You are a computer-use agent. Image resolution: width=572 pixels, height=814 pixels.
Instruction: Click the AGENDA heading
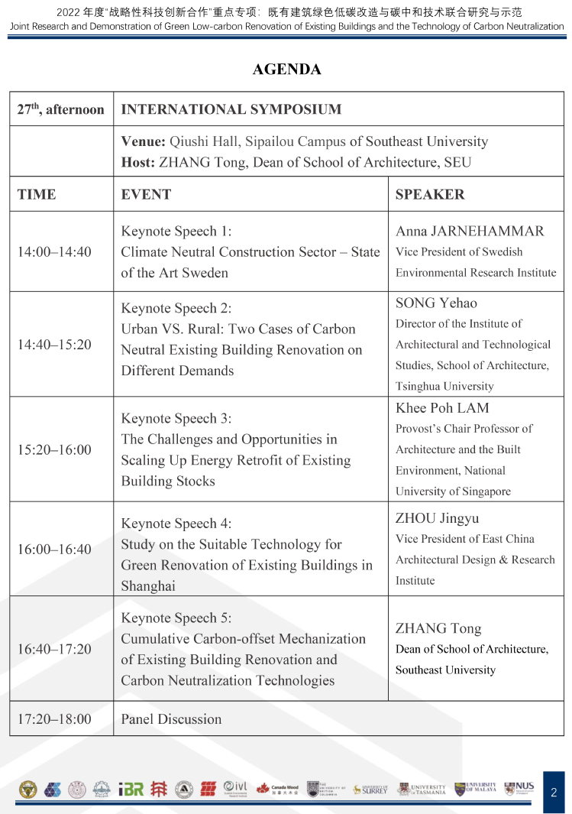(x=286, y=70)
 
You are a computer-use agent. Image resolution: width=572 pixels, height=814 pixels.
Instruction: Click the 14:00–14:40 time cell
(x=54, y=251)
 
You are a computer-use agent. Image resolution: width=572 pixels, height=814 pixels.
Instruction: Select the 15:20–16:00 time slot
(x=54, y=449)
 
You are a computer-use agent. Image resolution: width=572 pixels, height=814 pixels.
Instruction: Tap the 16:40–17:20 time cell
(x=54, y=649)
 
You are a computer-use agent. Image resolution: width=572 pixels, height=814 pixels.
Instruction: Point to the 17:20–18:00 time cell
(x=54, y=718)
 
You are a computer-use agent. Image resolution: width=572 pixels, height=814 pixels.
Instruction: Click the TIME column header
(x=37, y=194)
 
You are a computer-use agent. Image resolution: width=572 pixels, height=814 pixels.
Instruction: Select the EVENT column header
(x=146, y=194)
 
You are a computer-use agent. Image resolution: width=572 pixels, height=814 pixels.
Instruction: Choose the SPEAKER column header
(x=430, y=194)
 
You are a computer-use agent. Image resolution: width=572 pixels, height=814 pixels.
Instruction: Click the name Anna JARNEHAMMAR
(x=470, y=231)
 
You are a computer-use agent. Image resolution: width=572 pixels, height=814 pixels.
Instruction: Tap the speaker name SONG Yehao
(x=436, y=303)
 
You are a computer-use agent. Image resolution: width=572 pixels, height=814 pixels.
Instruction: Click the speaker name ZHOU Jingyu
(x=438, y=518)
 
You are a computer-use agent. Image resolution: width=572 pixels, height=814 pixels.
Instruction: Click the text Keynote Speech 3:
(x=176, y=418)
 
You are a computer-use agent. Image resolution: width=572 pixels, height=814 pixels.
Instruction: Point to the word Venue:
(x=144, y=141)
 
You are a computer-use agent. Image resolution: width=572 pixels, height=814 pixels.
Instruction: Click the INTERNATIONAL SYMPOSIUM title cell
(x=231, y=109)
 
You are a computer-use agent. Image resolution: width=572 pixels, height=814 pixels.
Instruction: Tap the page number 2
(x=554, y=793)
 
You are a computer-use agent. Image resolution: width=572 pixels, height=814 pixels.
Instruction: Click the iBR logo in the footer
(x=131, y=789)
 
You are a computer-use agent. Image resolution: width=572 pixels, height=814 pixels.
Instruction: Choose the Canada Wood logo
(x=277, y=789)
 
